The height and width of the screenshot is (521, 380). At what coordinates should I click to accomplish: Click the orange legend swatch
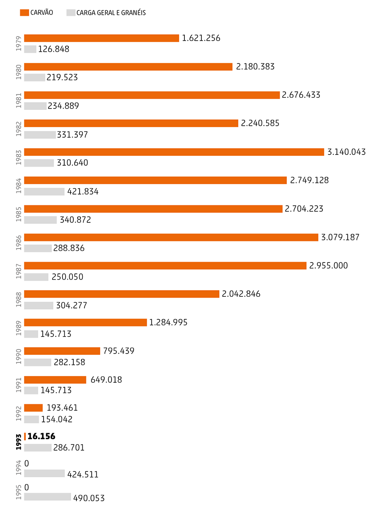(x=24, y=13)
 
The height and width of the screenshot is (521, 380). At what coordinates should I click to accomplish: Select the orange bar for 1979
(x=102, y=38)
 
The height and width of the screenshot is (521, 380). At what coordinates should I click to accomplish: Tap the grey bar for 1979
(x=30, y=49)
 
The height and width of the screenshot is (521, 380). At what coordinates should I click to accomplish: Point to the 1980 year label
(x=18, y=72)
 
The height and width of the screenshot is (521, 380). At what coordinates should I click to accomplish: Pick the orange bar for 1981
(x=152, y=95)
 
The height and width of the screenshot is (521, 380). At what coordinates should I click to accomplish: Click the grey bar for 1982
(x=40, y=135)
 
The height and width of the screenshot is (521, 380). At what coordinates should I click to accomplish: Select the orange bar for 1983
(x=174, y=152)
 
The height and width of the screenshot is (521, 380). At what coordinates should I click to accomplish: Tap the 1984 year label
(x=18, y=186)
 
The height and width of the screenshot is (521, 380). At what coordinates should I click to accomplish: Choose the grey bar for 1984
(x=44, y=192)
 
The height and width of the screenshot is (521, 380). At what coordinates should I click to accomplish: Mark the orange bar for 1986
(x=171, y=237)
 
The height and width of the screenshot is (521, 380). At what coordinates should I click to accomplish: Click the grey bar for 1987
(x=36, y=277)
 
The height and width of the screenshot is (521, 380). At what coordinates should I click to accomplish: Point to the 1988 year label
(x=18, y=299)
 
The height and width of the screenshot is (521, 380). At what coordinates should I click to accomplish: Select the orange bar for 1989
(x=85, y=322)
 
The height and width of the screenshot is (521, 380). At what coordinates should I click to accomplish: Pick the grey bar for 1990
(x=37, y=362)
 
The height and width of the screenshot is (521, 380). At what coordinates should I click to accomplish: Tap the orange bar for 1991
(x=55, y=380)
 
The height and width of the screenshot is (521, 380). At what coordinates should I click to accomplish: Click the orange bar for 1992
(x=33, y=408)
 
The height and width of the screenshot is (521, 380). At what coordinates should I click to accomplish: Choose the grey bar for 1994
(x=45, y=473)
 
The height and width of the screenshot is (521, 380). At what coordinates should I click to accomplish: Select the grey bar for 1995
(x=47, y=497)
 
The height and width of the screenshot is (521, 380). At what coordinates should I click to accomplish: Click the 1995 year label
(x=18, y=492)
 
